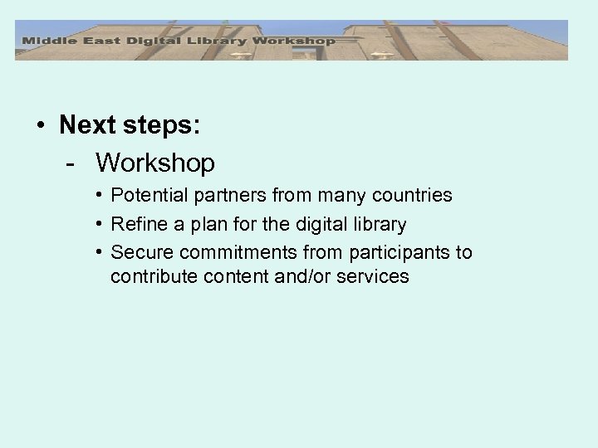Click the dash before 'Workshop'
72,163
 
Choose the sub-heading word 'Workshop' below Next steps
154,163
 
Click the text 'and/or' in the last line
306,276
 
